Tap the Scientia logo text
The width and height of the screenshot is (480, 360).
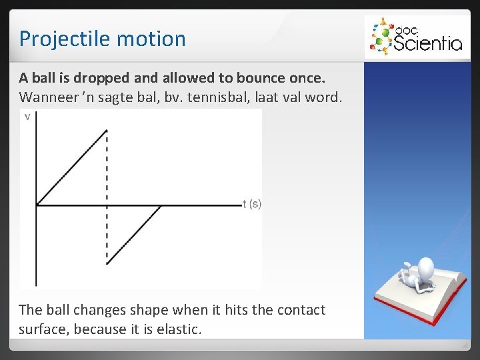tap(427, 43)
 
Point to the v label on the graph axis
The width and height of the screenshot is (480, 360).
tap(27, 117)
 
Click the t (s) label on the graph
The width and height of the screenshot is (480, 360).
tap(252, 204)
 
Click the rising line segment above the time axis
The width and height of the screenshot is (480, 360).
tap(72, 167)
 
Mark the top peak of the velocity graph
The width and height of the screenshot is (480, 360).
tap(107, 131)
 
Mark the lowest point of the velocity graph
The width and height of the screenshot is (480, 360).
tap(107, 263)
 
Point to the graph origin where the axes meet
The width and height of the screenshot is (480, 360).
tap(36, 205)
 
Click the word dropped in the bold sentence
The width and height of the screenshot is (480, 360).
tap(98, 79)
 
